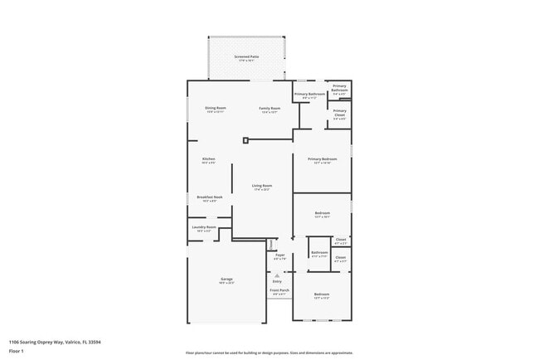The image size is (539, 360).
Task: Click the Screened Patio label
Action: [x=245, y=56]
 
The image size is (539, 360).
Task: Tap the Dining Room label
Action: [x=216, y=108]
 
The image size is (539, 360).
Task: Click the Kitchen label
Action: [x=209, y=159]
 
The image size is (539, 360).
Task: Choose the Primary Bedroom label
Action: [x=322, y=159]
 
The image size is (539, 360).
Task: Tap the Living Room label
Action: [x=262, y=186]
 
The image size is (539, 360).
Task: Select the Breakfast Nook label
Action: [x=209, y=197]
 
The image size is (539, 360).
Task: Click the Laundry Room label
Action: [x=204, y=227]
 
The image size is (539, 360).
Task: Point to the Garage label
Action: [x=226, y=280]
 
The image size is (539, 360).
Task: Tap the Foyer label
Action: [x=279, y=255]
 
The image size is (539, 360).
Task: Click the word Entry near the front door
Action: [x=277, y=282]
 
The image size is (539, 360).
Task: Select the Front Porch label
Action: [x=279, y=290]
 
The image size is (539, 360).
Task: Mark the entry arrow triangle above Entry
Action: [x=277, y=275]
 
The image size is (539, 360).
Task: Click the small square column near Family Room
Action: [x=245, y=140]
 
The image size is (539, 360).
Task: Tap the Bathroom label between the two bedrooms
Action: [x=319, y=253]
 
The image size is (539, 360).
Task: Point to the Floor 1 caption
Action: [x=16, y=350]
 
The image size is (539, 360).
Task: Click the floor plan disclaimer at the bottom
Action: [x=269, y=353]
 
